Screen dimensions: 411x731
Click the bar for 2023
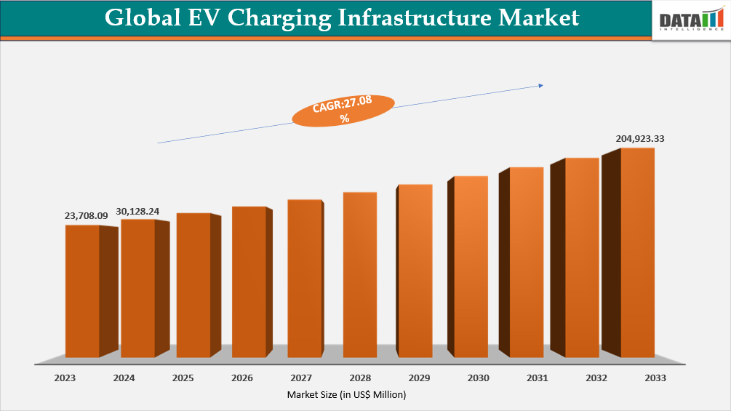pyautogui.click(x=82, y=291)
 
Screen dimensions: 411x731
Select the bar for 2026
pyautogui.click(x=249, y=282)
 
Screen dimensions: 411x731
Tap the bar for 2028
pyautogui.click(x=360, y=275)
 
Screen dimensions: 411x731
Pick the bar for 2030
pyautogui.click(x=471, y=267)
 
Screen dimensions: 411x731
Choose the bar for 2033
pyautogui.click(x=637, y=252)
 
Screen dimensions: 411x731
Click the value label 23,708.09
pyautogui.click(x=86, y=216)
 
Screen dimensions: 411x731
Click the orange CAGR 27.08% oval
pyautogui.click(x=343, y=111)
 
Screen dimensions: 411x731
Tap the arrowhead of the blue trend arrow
pyautogui.click(x=540, y=86)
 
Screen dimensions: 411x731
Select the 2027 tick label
pyautogui.click(x=301, y=378)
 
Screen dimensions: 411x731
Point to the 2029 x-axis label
pyautogui.click(x=419, y=378)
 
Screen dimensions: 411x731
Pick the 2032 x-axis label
pyautogui.click(x=596, y=378)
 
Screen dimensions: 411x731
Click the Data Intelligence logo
pyautogui.click(x=690, y=21)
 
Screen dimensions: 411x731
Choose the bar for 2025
pyautogui.click(x=193, y=285)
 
